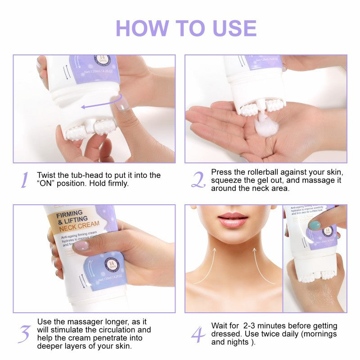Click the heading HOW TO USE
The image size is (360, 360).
[186, 28]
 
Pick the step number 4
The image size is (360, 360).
[198, 334]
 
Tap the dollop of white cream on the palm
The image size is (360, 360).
[262, 124]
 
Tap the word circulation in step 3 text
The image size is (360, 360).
[129, 330]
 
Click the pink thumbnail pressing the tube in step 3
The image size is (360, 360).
[81, 246]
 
